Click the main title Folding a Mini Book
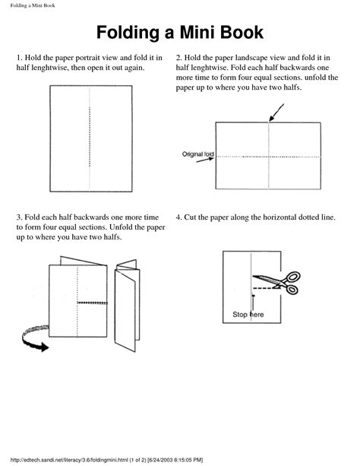[180, 33]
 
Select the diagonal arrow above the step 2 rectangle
[276, 113]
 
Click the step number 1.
[19, 58]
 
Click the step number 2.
[178, 58]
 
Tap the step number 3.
[19, 217]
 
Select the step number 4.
[178, 217]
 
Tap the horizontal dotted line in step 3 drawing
[90, 302]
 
